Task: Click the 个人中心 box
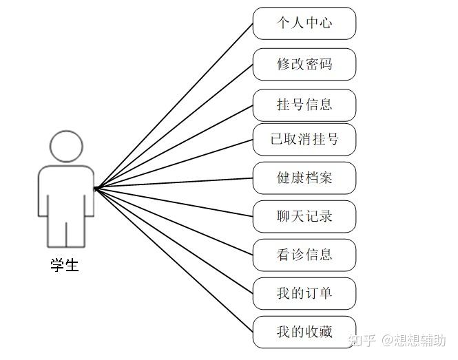pos(304,23)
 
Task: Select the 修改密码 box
pos(304,64)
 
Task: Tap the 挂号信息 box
pos(304,105)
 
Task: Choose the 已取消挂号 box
pos(304,140)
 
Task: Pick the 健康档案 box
pos(304,178)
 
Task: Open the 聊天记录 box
pos(304,216)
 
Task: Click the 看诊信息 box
pos(304,255)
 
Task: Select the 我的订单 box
pos(304,293)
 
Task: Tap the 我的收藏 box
pos(304,332)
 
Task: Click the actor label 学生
pos(65,265)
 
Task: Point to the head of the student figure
pos(65,146)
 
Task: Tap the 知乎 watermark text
pos(362,340)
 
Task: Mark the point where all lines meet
pos(96,187)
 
